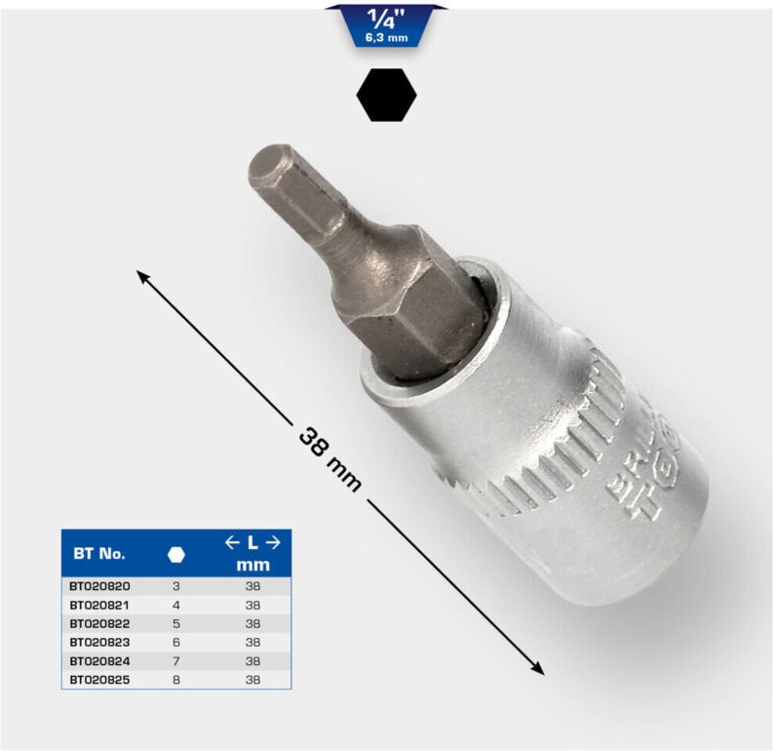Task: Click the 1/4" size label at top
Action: [387, 18]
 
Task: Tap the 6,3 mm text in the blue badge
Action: [387, 37]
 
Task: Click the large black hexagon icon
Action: [387, 96]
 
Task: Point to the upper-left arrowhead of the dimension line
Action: [143, 277]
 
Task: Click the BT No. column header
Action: [98, 553]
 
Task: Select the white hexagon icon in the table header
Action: [175, 554]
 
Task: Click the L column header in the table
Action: [252, 543]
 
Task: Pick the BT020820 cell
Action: [100, 587]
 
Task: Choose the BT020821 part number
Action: [100, 605]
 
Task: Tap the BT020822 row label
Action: [100, 623]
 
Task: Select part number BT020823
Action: [100, 642]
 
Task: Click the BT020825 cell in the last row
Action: [100, 678]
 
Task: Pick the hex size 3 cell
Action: [176, 587]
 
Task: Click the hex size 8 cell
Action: [176, 678]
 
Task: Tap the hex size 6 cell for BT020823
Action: [176, 642]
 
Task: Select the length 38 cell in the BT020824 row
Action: [252, 660]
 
